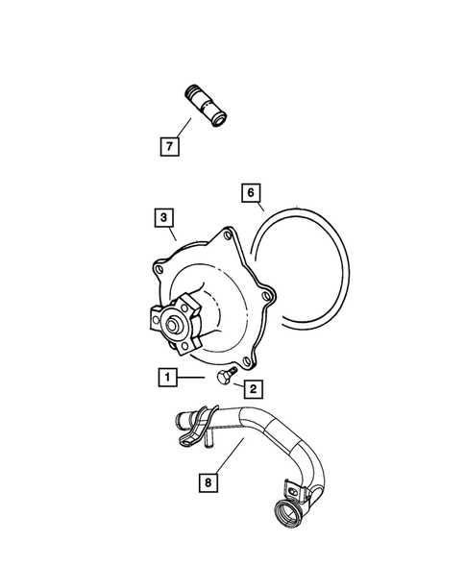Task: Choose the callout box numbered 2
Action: click(253, 388)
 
